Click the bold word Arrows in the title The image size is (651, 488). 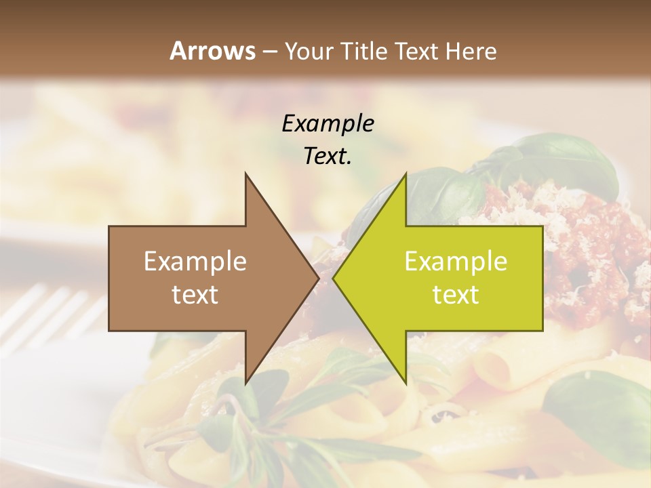tap(213, 51)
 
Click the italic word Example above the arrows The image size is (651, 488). tap(328, 123)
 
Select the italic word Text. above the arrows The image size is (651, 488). tap(328, 156)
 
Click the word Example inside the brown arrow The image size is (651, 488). tap(195, 261)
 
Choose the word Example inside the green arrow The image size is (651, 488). tap(456, 261)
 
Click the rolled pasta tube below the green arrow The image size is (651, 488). tap(492, 369)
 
